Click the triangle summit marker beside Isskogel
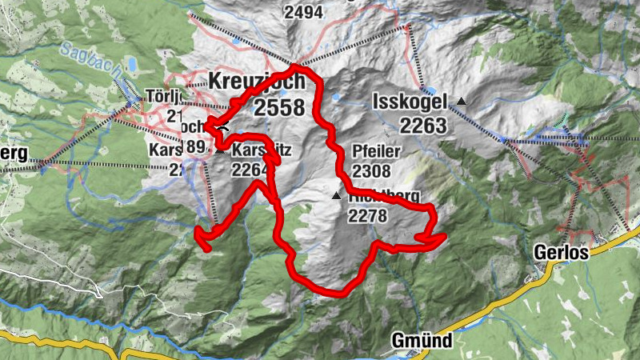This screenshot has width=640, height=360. click(461, 101)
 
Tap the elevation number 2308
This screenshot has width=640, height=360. click(370, 170)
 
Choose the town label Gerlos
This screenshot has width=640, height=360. click(562, 253)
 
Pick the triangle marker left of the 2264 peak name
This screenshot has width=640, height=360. click(220, 150)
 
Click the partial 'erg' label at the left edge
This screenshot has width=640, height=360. click(14, 153)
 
